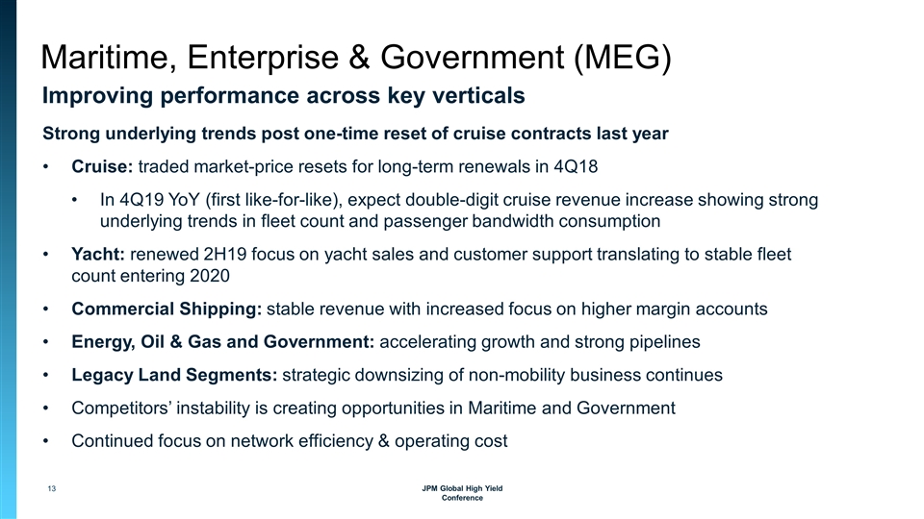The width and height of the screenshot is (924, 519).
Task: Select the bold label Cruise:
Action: click(103, 167)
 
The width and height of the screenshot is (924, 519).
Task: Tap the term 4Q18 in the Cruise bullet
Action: click(574, 167)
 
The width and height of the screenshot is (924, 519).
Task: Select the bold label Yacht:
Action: click(98, 256)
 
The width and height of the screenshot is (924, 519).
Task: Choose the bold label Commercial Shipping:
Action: click(166, 309)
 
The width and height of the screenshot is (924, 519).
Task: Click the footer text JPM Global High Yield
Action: click(462, 489)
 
